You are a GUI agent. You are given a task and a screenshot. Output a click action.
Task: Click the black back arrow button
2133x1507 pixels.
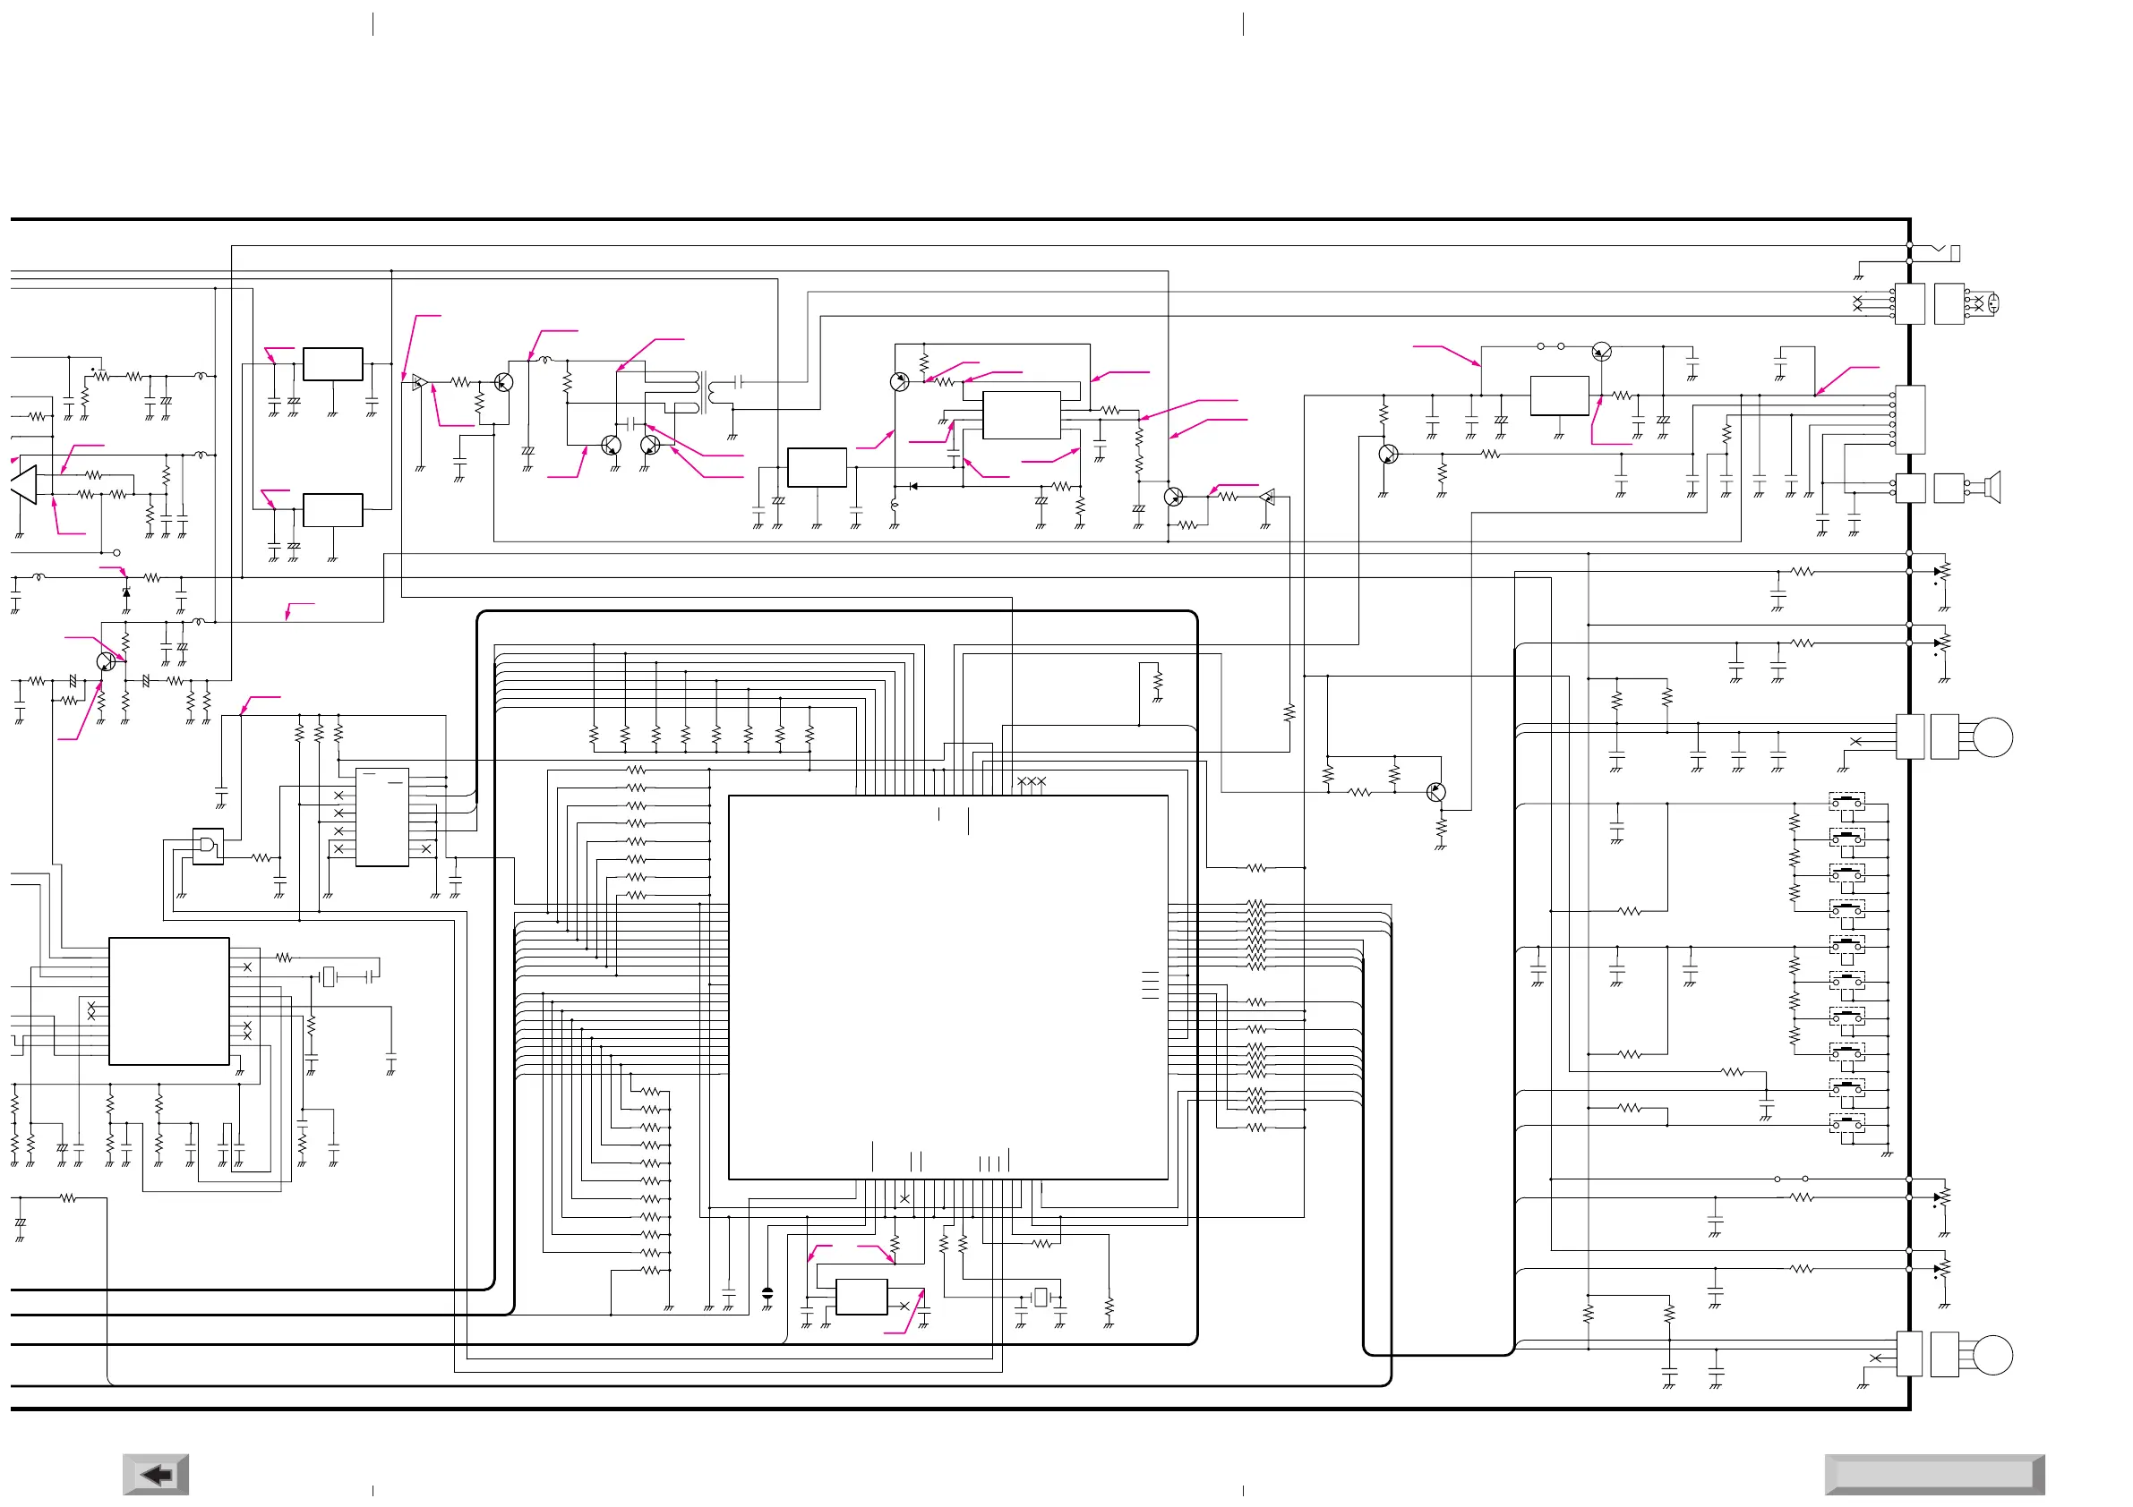pyautogui.click(x=156, y=1475)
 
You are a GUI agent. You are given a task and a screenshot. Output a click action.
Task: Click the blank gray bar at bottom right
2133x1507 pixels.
pyautogui.click(x=1934, y=1475)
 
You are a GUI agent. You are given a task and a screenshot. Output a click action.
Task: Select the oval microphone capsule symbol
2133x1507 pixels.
pyautogui.click(x=1992, y=302)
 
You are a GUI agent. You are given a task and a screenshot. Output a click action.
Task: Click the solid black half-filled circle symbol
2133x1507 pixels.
pyautogui.click(x=767, y=1292)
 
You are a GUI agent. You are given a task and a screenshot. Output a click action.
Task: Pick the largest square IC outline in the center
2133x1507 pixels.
pyautogui.click(x=947, y=987)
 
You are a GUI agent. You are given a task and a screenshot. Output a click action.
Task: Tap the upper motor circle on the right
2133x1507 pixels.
pyautogui.click(x=1992, y=738)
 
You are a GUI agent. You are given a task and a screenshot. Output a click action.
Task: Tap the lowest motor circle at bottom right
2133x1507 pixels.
pyautogui.click(x=1992, y=1355)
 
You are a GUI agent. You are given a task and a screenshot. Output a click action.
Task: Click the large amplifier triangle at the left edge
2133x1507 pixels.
pyautogui.click(x=24, y=485)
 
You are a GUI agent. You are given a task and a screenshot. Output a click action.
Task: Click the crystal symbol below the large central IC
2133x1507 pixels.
pyautogui.click(x=1041, y=1296)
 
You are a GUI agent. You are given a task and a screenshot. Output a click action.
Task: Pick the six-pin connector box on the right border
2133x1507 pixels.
pyautogui.click(x=1909, y=420)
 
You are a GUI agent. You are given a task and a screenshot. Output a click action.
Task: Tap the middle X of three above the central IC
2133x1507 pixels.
pyautogui.click(x=1032, y=782)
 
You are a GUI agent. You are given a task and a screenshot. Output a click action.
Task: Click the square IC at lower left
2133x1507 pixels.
pyautogui.click(x=169, y=1001)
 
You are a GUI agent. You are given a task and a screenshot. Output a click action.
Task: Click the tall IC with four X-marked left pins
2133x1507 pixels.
pyautogui.click(x=381, y=817)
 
